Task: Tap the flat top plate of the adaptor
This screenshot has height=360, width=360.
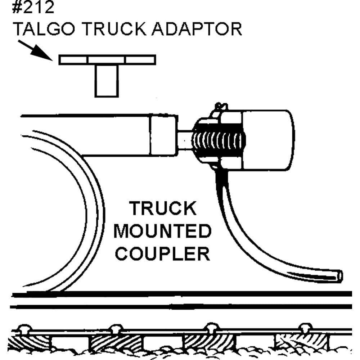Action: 107,59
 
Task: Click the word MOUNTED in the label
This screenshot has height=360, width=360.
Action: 162,231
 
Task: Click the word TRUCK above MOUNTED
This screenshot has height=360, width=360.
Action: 163,209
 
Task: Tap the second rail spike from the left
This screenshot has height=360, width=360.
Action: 115,328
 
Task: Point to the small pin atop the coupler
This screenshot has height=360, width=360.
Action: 220,107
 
